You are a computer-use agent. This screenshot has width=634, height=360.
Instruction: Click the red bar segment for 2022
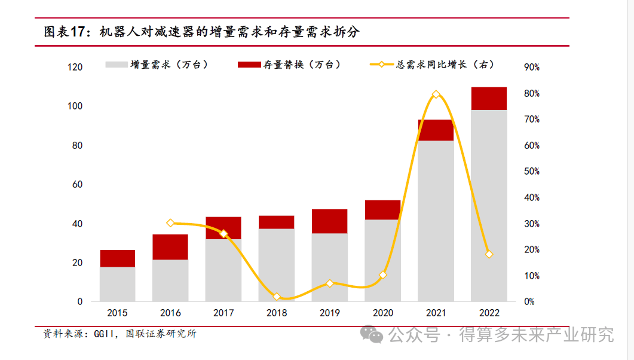tap(489, 99)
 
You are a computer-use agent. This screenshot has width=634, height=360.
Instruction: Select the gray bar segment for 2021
tap(436, 221)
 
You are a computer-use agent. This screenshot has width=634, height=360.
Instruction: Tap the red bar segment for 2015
tap(117, 258)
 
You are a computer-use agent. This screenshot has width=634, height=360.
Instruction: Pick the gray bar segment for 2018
tap(276, 265)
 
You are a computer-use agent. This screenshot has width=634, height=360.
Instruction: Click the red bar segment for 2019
tap(329, 221)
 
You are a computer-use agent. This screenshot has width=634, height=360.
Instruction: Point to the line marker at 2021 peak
tap(436, 94)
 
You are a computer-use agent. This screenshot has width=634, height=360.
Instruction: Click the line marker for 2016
tap(170, 223)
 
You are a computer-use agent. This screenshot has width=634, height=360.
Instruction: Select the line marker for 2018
tap(276, 297)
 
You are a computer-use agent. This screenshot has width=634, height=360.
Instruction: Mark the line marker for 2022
tap(489, 254)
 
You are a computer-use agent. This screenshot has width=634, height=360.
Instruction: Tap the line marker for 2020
tap(382, 275)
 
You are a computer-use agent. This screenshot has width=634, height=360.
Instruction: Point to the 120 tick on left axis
tap(75, 68)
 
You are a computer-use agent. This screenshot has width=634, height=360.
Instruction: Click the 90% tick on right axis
tap(531, 68)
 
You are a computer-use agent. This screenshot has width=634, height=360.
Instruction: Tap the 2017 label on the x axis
tap(223, 313)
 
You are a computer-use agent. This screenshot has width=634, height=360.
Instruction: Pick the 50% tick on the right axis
tap(531, 172)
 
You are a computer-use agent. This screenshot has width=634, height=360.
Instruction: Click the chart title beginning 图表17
tap(201, 32)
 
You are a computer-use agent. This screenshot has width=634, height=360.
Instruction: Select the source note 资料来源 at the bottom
tap(120, 334)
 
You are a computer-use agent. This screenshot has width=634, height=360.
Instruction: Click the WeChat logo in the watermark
tap(375, 334)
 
